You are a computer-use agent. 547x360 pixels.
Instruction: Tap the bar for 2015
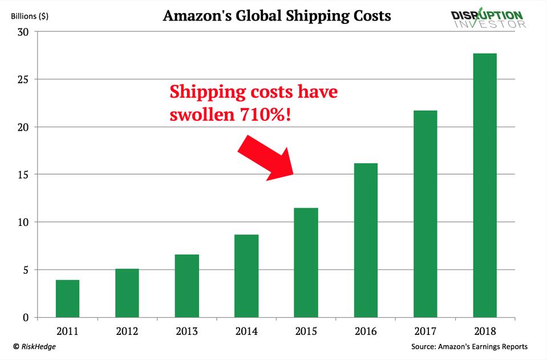coord(306,262)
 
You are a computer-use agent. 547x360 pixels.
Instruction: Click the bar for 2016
coord(366,240)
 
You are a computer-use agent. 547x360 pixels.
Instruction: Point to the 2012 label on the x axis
coord(127,331)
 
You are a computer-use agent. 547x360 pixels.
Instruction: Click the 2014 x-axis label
coord(246,331)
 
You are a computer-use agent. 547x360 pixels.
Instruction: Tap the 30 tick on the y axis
coord(23,31)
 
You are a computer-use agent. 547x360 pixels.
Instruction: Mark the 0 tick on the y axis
coord(26,318)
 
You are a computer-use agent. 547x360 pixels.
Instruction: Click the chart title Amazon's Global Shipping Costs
coord(277,15)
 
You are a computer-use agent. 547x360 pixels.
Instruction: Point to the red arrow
coord(265,157)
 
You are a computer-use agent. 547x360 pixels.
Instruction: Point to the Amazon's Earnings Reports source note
coord(468,346)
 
